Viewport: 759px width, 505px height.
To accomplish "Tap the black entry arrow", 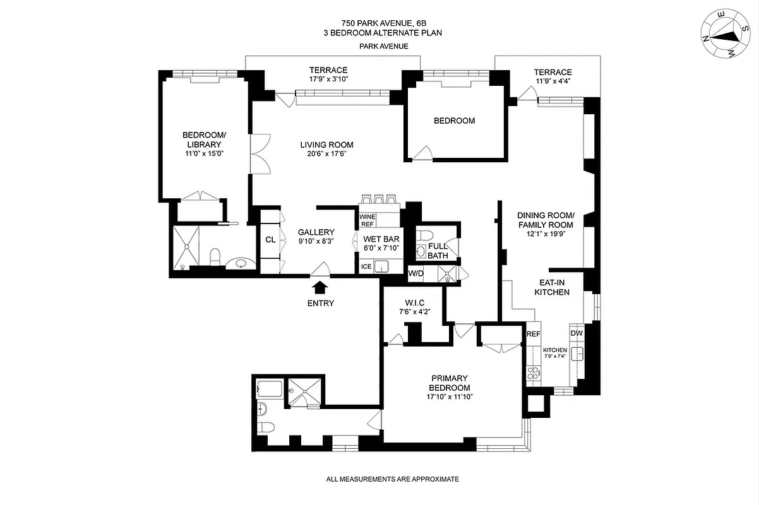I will (x=320, y=288).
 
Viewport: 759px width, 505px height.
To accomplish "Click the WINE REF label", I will (x=368, y=220).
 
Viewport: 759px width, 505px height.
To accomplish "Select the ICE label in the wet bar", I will (x=366, y=266).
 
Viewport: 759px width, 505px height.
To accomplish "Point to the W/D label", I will (x=415, y=273).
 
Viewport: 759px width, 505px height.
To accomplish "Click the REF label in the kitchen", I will (x=534, y=333).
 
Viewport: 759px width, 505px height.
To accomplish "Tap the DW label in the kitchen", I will (x=577, y=333).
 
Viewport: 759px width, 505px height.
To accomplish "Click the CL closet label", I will (x=270, y=239).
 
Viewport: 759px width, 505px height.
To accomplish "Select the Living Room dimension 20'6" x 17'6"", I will (x=326, y=153).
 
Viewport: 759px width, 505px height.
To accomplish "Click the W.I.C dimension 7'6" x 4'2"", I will (x=414, y=311).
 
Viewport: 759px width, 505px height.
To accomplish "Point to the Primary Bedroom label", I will (x=450, y=383).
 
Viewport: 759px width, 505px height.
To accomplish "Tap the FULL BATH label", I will (x=438, y=251).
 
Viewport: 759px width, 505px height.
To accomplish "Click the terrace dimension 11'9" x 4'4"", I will (x=553, y=81).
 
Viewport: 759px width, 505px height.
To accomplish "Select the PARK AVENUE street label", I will (x=383, y=46).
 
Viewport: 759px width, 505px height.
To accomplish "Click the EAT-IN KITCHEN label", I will (x=552, y=287).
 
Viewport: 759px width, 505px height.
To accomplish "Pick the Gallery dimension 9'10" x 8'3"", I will (x=316, y=241).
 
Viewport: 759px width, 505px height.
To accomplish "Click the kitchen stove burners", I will (x=532, y=373).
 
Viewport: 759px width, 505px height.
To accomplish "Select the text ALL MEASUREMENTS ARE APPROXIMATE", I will (x=392, y=479).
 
